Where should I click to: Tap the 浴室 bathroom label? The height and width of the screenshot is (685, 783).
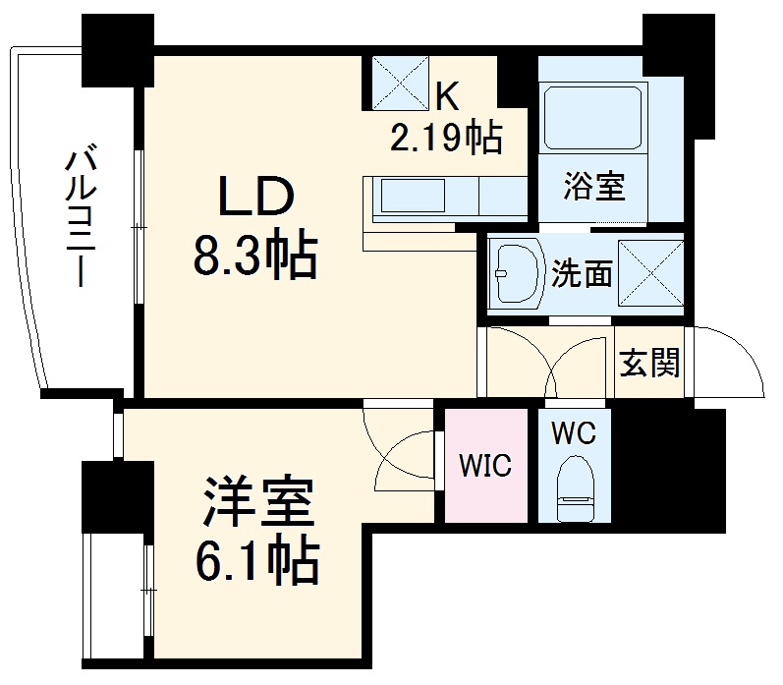pos(594,186)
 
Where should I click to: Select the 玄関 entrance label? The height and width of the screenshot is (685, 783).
pos(649,365)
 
